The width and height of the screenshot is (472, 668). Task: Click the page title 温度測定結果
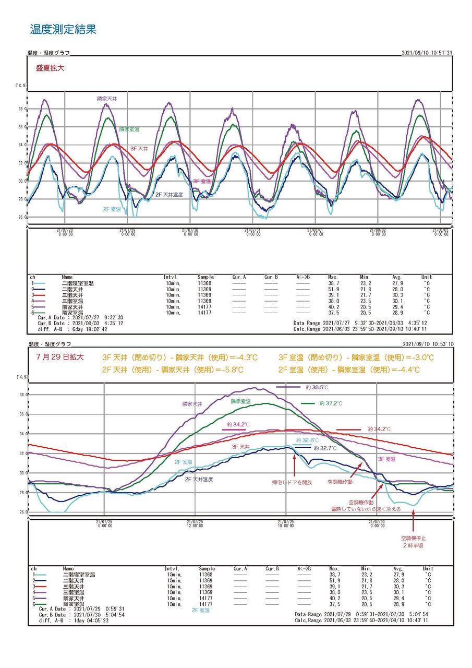[63, 29]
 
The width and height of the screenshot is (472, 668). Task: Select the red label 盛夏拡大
[50, 68]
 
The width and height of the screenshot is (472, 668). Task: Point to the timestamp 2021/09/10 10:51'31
[427, 53]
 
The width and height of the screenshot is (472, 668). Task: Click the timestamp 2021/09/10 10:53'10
[427, 344]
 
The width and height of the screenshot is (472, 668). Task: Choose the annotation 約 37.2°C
[331, 403]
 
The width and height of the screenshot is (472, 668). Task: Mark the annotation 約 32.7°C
[326, 448]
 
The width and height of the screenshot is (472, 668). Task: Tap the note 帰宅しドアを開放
[292, 482]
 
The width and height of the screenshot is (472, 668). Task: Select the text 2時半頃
[413, 545]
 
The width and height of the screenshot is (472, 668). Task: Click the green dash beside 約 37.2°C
[308, 403]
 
